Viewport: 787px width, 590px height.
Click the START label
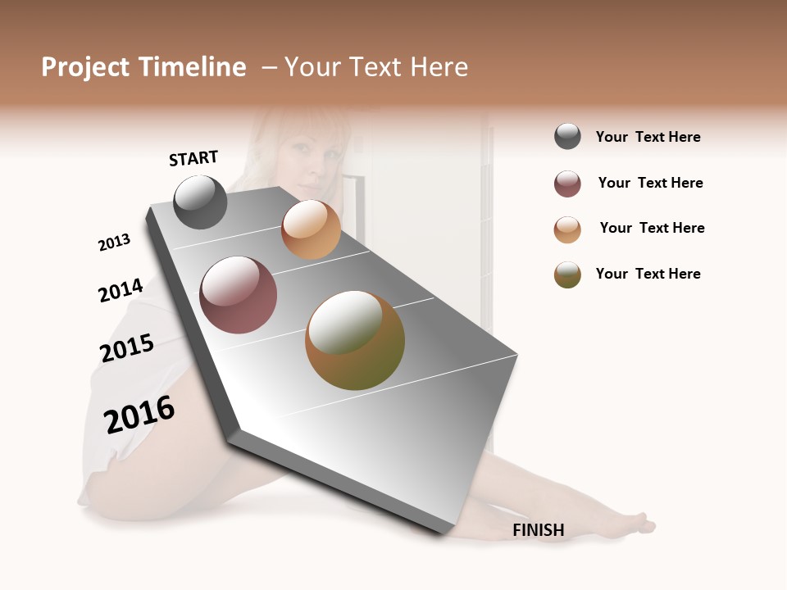click(x=193, y=158)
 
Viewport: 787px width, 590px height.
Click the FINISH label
click(x=539, y=530)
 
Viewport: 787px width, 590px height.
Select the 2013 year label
click(x=114, y=243)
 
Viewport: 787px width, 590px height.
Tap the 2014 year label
click(x=121, y=290)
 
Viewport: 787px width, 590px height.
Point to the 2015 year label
click(x=127, y=348)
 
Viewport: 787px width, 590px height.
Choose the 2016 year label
click(x=139, y=415)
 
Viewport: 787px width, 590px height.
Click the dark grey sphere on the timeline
click(x=200, y=202)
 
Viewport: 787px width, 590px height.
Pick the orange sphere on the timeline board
click(x=311, y=229)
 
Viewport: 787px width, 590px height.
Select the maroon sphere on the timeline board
click(x=239, y=295)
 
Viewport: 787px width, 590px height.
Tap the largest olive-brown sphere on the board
click(x=355, y=340)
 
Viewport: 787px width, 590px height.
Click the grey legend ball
click(x=567, y=137)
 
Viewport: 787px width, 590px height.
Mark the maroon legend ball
click(x=567, y=184)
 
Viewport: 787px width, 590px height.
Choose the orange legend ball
click(x=567, y=229)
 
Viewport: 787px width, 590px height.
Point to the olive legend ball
click(x=567, y=275)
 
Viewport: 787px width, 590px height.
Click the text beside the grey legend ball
click(x=648, y=137)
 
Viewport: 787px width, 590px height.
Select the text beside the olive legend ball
click(x=648, y=274)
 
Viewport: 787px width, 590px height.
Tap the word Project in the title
click(x=84, y=67)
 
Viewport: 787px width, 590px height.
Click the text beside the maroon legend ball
click(x=650, y=183)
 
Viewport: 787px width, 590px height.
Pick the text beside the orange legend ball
click(x=652, y=228)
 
